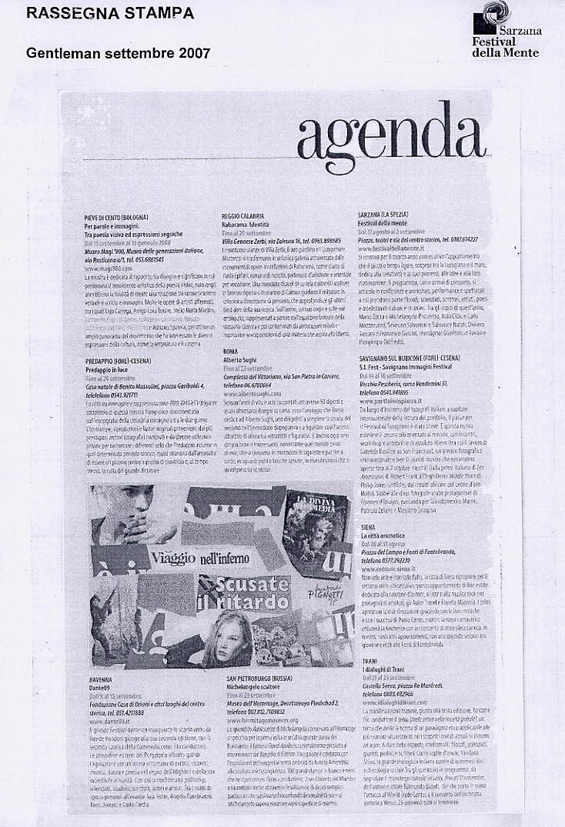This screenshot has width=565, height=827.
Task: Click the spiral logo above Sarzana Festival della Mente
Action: pyautogui.click(x=491, y=14)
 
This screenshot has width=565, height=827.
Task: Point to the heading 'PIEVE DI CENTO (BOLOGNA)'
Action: pyautogui.click(x=115, y=218)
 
